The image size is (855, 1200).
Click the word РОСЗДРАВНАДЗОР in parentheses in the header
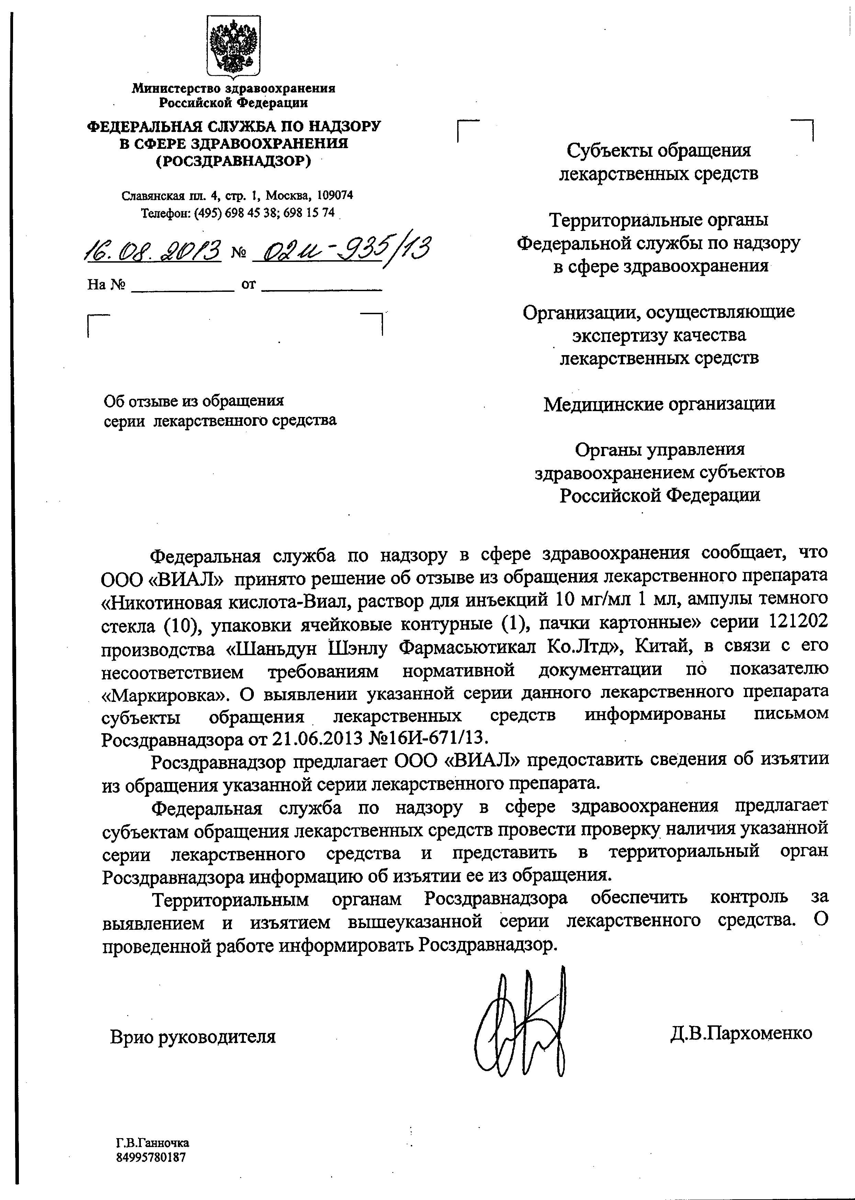tap(233, 161)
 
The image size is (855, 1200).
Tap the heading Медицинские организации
tap(659, 404)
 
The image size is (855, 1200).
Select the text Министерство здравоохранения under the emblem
tap(233, 88)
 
